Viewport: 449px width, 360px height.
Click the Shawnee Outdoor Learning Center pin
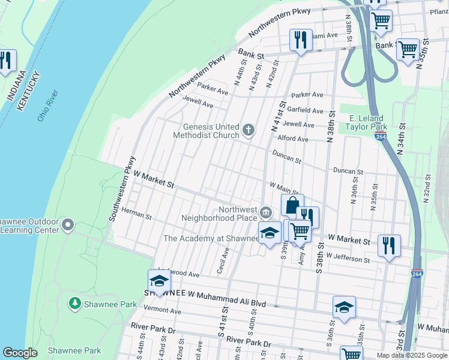67,225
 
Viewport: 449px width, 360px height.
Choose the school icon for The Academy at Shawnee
270,233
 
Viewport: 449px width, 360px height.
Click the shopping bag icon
292,205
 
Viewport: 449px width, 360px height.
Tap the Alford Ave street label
293,139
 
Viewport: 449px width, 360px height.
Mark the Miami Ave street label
324,35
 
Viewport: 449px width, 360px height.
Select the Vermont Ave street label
162,311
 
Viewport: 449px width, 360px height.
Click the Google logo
20,353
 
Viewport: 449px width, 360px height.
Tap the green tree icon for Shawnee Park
75,304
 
